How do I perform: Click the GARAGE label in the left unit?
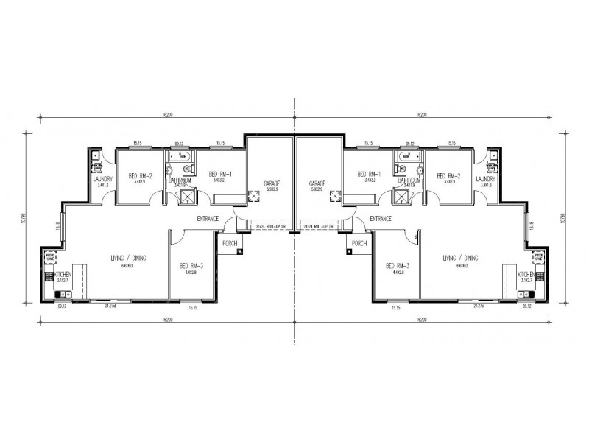(x=272, y=183)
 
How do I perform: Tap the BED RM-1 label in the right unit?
(x=368, y=175)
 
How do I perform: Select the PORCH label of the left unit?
(x=230, y=243)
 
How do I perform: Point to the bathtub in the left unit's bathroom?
(x=179, y=157)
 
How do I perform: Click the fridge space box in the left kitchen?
(x=51, y=259)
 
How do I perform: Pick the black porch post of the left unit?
(x=240, y=253)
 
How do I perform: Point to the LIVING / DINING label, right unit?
(x=461, y=259)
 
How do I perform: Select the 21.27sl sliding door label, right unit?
(x=479, y=306)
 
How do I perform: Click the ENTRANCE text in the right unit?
(x=381, y=218)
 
